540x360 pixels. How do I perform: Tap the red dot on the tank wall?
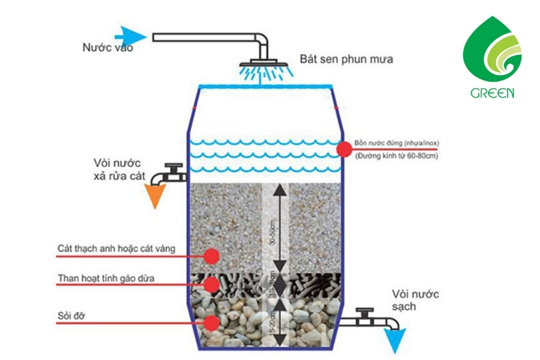[343, 149]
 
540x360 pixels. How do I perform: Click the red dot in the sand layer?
[211, 256]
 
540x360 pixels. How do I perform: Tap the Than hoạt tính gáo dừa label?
[109, 278]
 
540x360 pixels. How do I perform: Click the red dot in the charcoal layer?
[211, 284]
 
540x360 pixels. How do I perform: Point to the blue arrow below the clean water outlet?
[394, 340]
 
